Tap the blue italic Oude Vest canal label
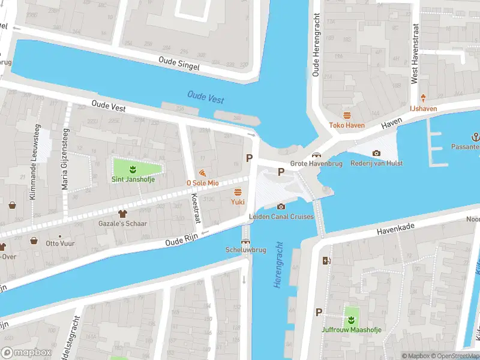(x=206, y=96)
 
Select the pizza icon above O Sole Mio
(x=202, y=172)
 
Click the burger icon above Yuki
(x=238, y=192)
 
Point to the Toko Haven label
(x=346, y=125)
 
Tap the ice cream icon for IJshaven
(x=423, y=98)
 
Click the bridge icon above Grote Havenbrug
(x=315, y=155)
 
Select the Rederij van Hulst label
(x=376, y=163)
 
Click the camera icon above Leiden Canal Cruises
(x=281, y=207)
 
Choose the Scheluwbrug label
(x=245, y=249)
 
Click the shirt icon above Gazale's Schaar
(x=123, y=213)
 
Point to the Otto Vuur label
(x=59, y=244)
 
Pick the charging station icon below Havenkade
(x=326, y=260)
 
